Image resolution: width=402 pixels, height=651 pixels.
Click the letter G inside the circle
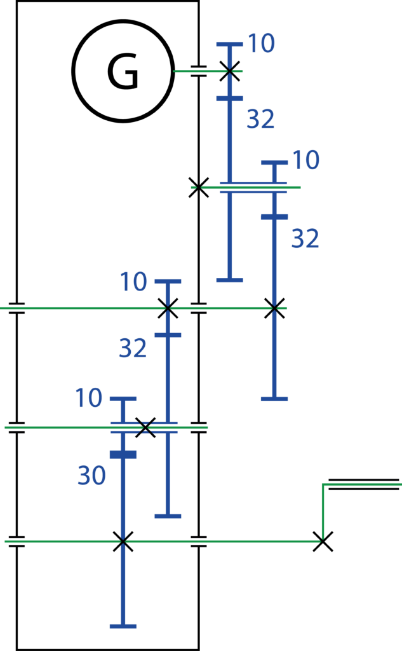click(123, 71)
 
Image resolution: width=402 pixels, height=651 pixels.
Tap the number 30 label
click(91, 475)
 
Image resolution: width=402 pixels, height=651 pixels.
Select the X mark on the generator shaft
click(229, 71)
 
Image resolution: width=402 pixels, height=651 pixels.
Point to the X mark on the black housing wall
click(199, 188)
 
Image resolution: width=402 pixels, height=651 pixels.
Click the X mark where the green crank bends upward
click(323, 542)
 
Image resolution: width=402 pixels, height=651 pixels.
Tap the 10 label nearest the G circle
click(262, 43)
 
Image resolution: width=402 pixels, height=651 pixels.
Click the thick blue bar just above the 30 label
click(123, 455)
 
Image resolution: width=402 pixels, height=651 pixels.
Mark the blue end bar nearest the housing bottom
click(123, 626)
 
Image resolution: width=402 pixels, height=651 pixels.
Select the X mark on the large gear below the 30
click(123, 542)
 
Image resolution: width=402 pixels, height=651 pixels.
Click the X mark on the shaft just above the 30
click(145, 427)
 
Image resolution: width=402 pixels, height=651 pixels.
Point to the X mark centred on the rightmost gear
click(274, 308)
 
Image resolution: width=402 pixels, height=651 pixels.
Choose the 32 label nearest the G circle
click(260, 119)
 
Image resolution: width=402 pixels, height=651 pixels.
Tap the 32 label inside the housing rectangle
click(133, 348)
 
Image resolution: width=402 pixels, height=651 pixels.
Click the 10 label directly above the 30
click(89, 398)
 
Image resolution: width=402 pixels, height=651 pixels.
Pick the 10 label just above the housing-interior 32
click(133, 282)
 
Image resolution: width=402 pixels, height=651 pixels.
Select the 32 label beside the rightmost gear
click(305, 238)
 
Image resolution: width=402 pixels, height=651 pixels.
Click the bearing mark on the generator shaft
click(199, 71)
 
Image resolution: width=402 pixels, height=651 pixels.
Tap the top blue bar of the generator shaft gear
click(229, 44)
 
